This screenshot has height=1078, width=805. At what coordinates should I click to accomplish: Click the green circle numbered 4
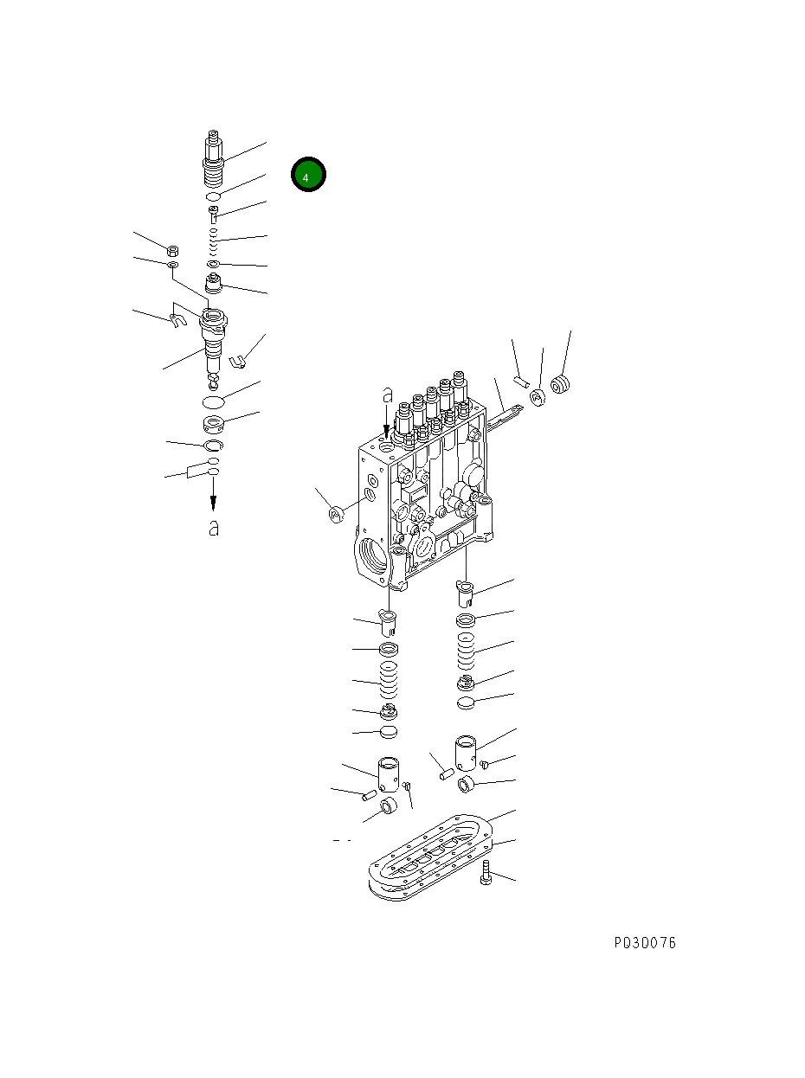[x=307, y=175]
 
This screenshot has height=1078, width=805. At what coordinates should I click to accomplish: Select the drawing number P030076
[x=645, y=942]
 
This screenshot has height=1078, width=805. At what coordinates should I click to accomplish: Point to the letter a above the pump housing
[x=387, y=395]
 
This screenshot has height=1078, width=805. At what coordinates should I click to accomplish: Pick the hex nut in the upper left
[x=172, y=251]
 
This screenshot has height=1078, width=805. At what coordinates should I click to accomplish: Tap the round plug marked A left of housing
[x=337, y=515]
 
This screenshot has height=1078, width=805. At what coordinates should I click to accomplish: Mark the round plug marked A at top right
[x=537, y=395]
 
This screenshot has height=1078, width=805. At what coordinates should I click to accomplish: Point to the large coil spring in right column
[x=466, y=651]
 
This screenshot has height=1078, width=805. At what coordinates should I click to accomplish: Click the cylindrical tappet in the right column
[x=467, y=750]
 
